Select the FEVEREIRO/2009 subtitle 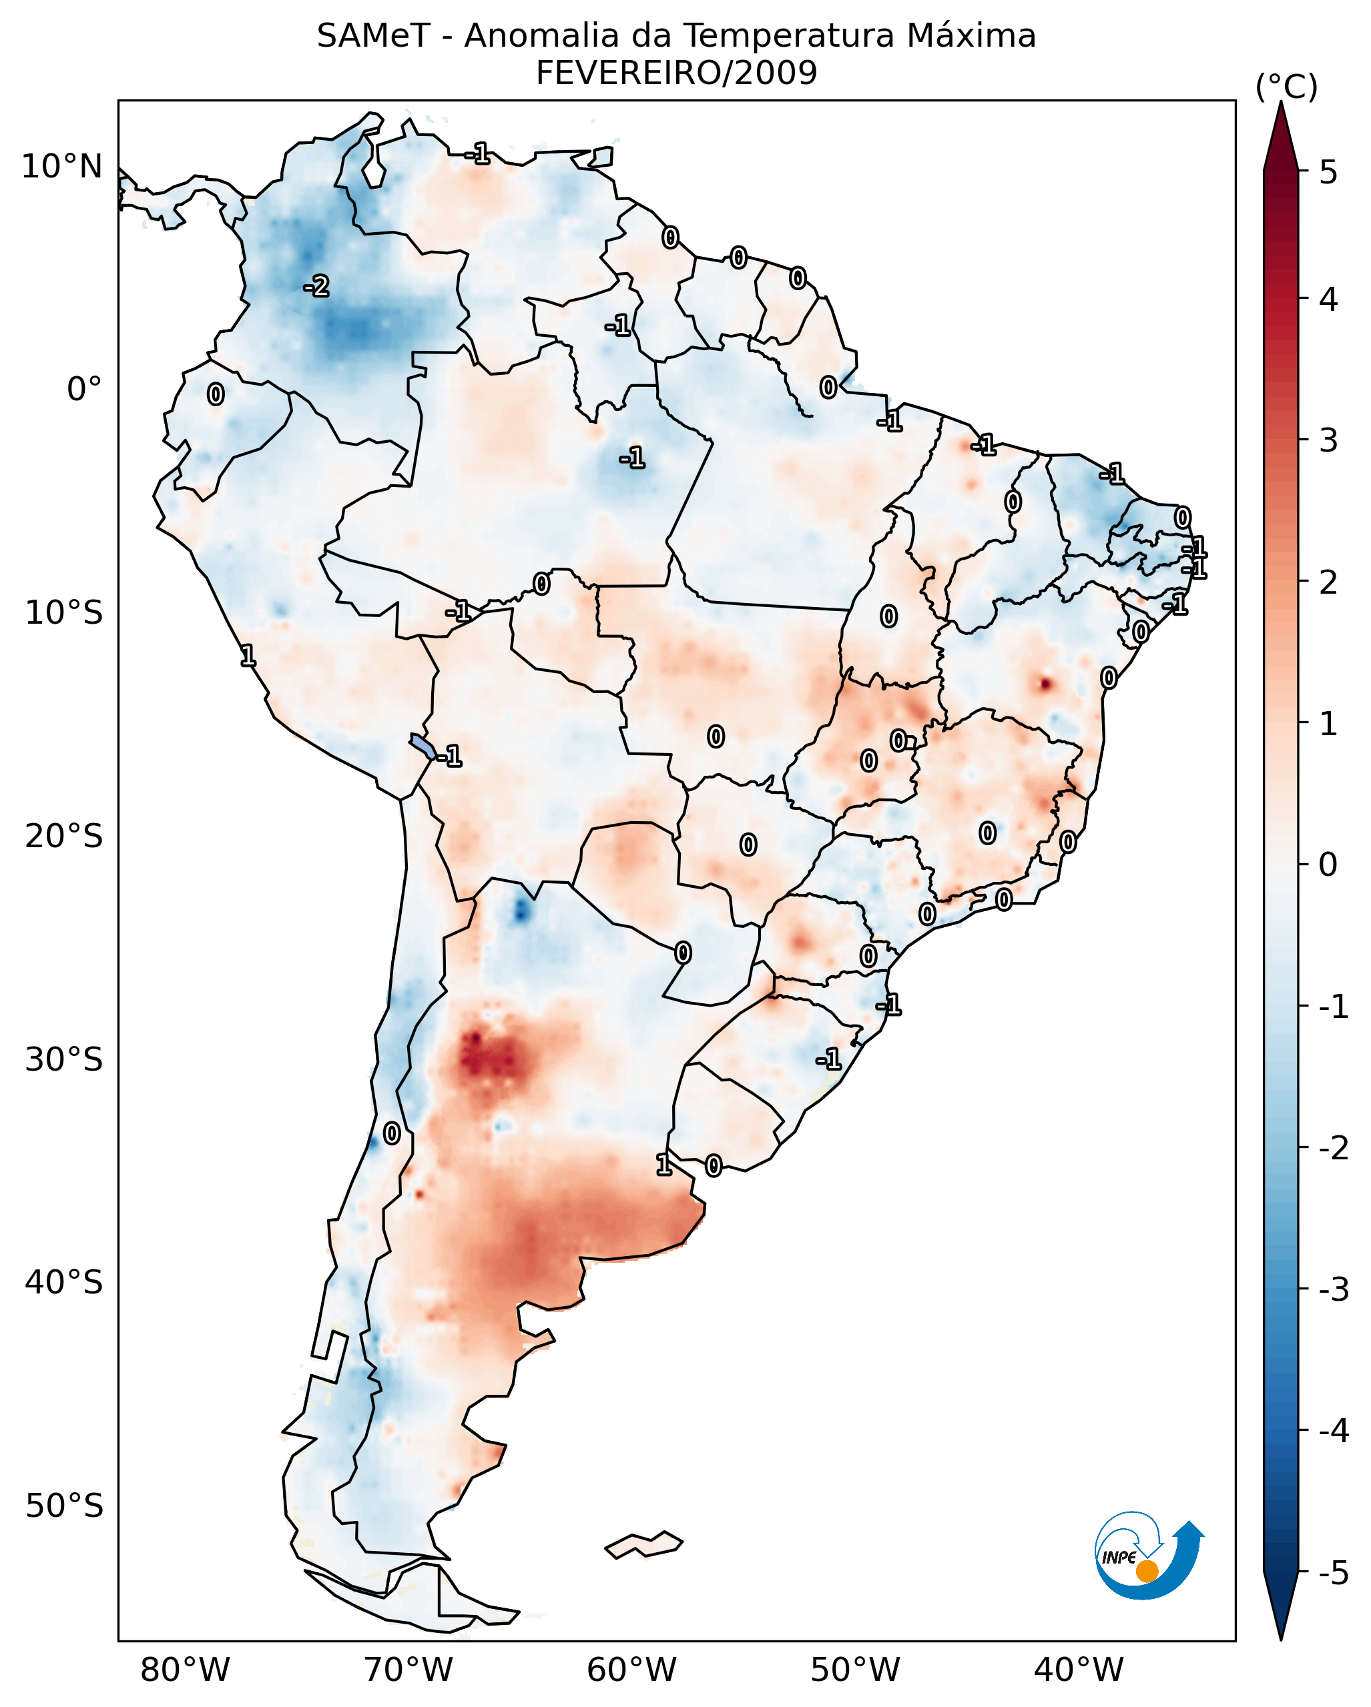(676, 73)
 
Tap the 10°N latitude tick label (62, 167)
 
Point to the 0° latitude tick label (84, 390)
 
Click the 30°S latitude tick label (63, 1059)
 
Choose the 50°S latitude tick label (63, 1506)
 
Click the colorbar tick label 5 (1328, 172)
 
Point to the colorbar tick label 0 (1328, 864)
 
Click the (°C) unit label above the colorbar (1286, 87)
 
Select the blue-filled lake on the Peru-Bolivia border (422, 746)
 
